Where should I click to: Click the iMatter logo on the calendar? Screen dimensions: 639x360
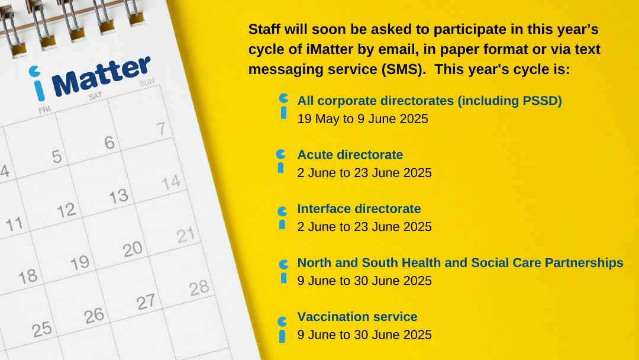pyautogui.click(x=90, y=78)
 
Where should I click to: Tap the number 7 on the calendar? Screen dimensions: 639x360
pyautogui.click(x=161, y=129)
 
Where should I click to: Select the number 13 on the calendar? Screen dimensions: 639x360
pyautogui.click(x=118, y=197)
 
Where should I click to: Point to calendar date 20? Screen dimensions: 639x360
pyautogui.click(x=133, y=249)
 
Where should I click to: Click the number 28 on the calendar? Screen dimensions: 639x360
pyautogui.click(x=199, y=288)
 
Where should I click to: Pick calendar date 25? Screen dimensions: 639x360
pyautogui.click(x=42, y=329)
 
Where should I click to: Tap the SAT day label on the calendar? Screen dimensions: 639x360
pyautogui.click(x=95, y=97)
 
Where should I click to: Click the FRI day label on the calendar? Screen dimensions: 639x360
pyautogui.click(x=44, y=110)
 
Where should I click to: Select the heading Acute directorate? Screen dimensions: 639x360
pyautogui.click(x=350, y=155)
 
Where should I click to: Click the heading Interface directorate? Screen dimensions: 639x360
pyautogui.click(x=359, y=209)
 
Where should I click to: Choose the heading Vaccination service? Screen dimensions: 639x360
pyautogui.click(x=357, y=317)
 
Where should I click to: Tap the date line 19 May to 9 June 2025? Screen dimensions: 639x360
pyautogui.click(x=363, y=119)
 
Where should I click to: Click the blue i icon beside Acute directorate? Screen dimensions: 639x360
pyautogui.click(x=281, y=161)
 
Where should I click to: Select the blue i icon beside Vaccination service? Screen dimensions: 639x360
pyautogui.click(x=282, y=329)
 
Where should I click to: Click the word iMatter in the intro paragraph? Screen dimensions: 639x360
pyautogui.click(x=330, y=49)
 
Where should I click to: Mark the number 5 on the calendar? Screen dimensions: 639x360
pyautogui.click(x=57, y=156)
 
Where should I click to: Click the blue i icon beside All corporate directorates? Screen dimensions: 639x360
pyautogui.click(x=283, y=107)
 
